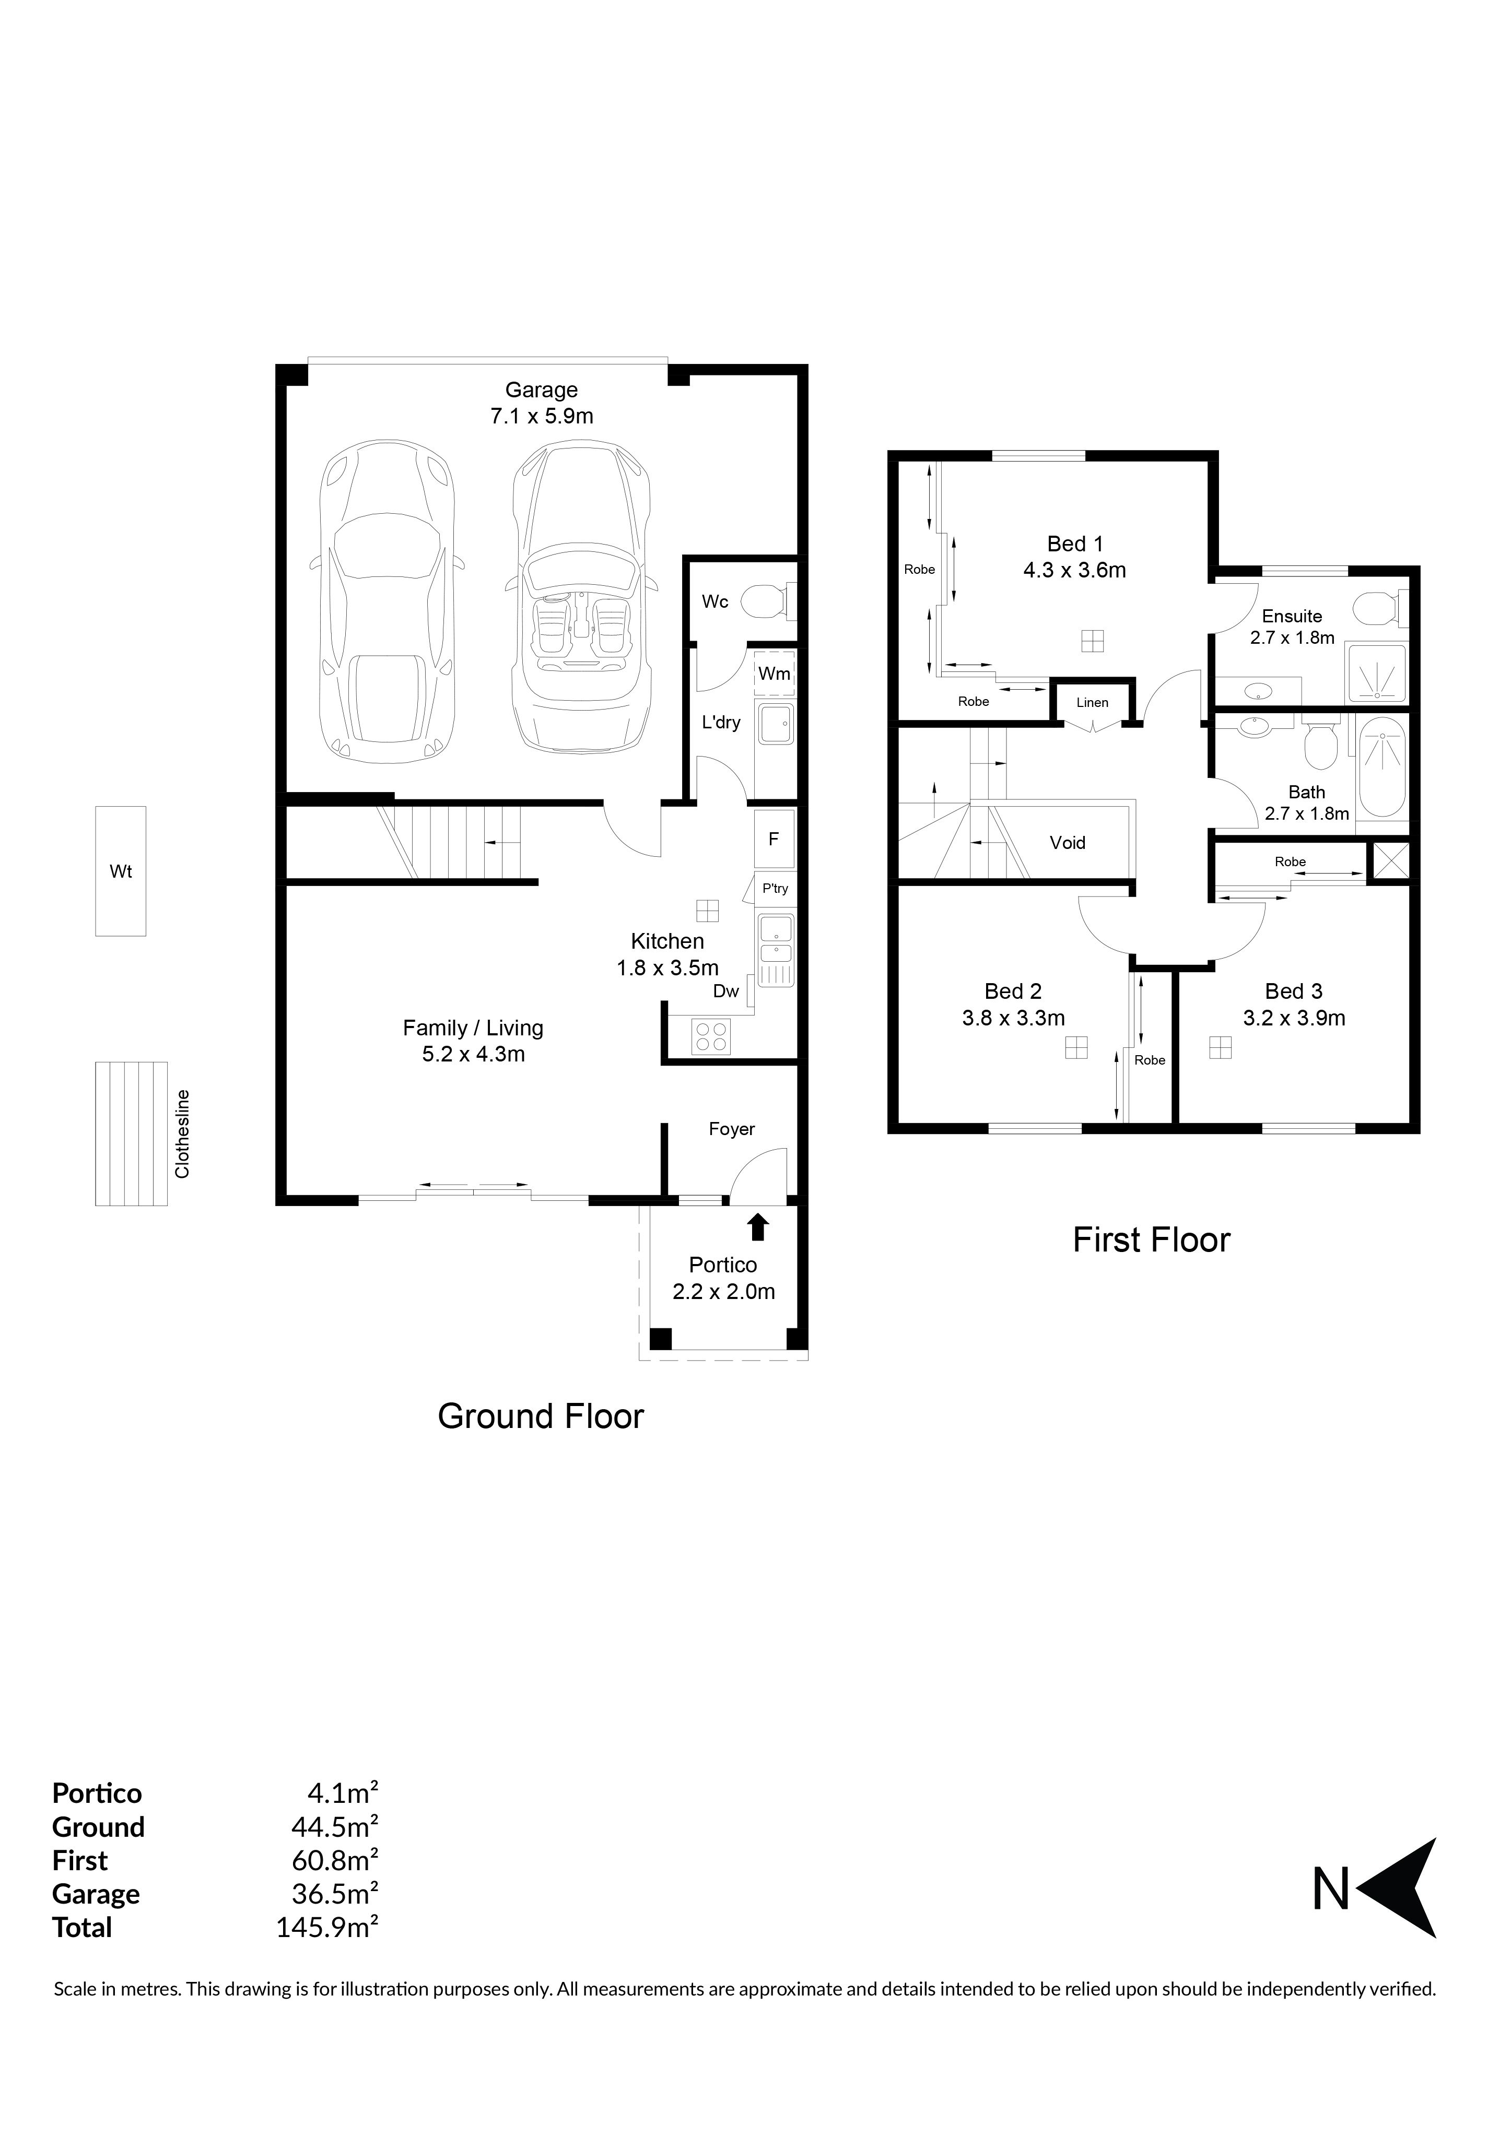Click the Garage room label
[541, 390]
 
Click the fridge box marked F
[772, 839]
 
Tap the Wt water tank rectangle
[121, 871]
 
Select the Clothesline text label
[182, 1134]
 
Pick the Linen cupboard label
[1092, 703]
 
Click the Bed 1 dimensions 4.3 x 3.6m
[1074, 571]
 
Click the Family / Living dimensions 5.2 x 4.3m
[473, 1055]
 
